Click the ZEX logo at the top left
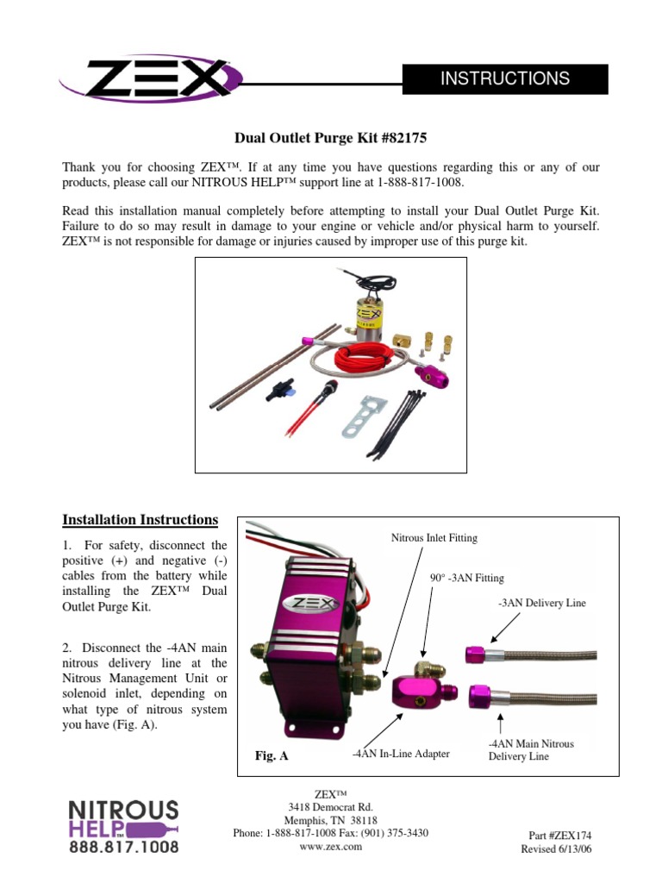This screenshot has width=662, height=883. click(x=145, y=78)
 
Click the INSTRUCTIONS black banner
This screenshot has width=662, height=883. click(x=505, y=78)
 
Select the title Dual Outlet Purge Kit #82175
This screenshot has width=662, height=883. click(x=332, y=137)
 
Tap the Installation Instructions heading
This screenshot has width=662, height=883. click(x=141, y=519)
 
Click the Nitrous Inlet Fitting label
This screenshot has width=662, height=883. click(x=434, y=538)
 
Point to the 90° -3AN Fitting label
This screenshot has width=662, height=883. click(x=466, y=578)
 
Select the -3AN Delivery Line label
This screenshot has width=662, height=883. click(x=541, y=603)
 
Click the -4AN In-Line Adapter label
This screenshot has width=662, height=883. click(x=401, y=754)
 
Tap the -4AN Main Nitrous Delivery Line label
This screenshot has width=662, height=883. click(x=530, y=749)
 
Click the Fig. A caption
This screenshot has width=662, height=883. click(x=272, y=755)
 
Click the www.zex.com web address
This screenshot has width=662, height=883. click(x=330, y=846)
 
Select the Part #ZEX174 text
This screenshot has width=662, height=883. click(x=559, y=836)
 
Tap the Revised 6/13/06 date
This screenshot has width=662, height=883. click(x=556, y=849)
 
